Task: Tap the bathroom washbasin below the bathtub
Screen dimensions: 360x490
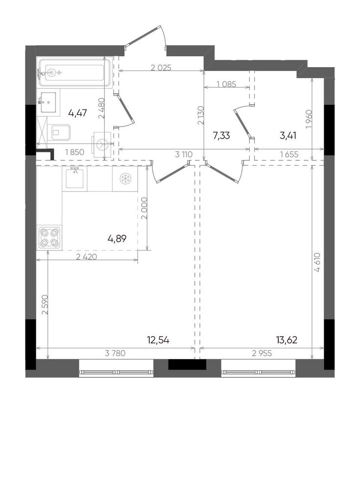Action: click(48, 102)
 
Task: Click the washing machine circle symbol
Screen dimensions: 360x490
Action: click(102, 144)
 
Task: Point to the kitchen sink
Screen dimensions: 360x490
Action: click(74, 178)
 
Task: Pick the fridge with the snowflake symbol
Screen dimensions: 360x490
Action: click(125, 179)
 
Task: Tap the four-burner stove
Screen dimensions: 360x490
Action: click(49, 238)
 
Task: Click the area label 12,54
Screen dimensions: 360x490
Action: click(158, 340)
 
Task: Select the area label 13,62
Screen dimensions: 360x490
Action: click(286, 340)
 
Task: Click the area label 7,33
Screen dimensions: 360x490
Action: click(221, 136)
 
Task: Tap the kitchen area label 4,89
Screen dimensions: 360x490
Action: click(117, 239)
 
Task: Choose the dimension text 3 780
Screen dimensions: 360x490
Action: click(115, 353)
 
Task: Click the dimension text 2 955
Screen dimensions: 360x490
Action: click(262, 353)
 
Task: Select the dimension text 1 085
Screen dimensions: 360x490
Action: click(226, 84)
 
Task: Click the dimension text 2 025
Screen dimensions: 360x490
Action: click(161, 68)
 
